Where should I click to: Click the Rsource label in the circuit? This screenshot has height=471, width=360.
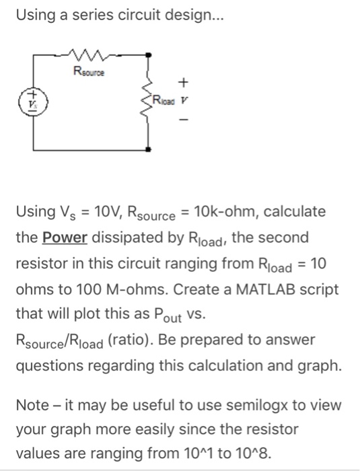point(90,68)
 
